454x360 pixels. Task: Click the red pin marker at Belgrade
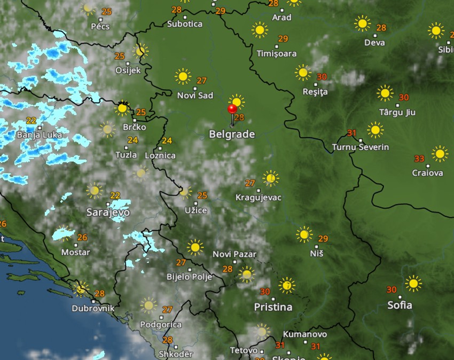coord(232,109)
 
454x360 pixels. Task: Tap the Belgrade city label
coord(231,134)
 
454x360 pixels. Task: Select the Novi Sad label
coord(195,96)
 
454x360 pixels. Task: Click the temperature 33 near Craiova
coord(419,159)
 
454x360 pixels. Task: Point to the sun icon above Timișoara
coord(260,30)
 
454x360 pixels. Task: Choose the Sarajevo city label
coord(108,212)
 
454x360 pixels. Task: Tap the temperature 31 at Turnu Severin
coord(351,133)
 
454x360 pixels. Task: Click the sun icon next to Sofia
coord(413,283)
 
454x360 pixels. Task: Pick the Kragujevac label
coord(259,198)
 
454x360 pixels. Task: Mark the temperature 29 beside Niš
coord(323,239)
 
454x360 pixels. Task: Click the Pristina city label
coord(273,307)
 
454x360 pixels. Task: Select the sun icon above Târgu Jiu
coord(385,93)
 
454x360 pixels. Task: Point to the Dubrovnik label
coord(93,308)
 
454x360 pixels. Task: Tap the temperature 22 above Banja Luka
coord(31,121)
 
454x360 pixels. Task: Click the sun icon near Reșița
coord(303,73)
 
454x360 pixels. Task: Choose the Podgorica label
coord(161,324)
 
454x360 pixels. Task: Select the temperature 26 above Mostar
coord(82,238)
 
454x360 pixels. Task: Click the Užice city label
coord(195,210)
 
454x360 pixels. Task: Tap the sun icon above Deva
coord(362,24)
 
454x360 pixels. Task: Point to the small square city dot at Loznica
coord(160,148)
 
